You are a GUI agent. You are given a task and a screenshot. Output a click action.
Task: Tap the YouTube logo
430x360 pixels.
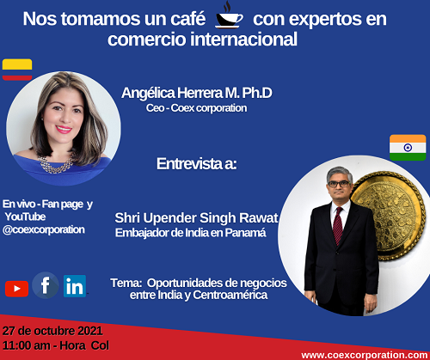pos(16,289)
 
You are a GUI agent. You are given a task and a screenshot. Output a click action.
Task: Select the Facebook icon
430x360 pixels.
pos(46,285)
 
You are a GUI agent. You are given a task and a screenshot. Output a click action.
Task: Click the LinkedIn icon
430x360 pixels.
pos(75,286)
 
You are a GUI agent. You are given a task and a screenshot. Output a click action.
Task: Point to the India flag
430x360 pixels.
pos(408,148)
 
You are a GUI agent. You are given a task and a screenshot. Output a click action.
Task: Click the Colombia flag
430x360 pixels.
pos(17,70)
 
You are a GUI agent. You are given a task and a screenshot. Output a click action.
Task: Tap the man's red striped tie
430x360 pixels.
pos(338,226)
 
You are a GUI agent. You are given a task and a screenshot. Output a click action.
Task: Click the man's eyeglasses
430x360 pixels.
pos(339,184)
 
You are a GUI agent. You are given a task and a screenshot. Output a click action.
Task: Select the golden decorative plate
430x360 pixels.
pos(390,216)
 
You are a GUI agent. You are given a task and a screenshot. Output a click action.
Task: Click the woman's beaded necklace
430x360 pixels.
pos(56,165)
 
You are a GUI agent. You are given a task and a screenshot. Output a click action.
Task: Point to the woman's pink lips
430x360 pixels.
pos(64,129)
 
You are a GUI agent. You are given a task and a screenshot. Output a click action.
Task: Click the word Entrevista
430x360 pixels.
pos(188,164)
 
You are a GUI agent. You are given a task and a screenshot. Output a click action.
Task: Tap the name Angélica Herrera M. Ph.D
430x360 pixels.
pos(197,93)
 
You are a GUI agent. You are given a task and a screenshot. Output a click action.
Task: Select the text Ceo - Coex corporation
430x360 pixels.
pos(196,108)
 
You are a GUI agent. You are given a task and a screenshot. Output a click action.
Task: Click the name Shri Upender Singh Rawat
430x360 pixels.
pos(196,218)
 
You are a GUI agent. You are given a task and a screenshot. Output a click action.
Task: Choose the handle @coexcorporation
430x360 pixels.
pos(44,229)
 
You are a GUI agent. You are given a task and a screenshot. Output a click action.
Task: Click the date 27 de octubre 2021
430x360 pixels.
pos(52,331)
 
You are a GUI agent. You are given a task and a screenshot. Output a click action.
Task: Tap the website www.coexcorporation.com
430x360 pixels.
pos(365,355)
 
